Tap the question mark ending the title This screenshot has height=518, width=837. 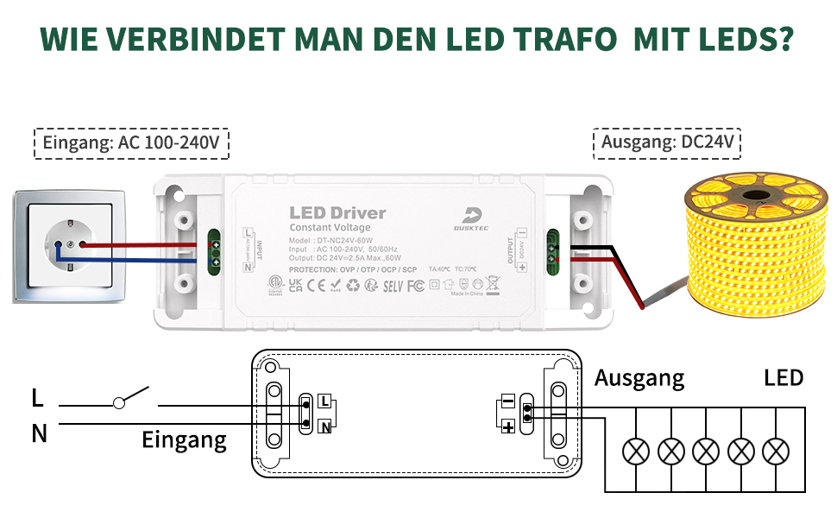[784, 40]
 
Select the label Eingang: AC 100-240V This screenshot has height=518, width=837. [131, 143]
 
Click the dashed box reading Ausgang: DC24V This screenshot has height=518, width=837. [669, 143]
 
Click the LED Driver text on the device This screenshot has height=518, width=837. [337, 212]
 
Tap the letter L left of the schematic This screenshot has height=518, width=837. [37, 399]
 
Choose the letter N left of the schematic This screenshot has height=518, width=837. [39, 433]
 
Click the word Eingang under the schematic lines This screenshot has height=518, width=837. [184, 441]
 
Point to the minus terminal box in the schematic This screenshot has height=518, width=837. [507, 402]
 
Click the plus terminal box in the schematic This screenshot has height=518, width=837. [507, 426]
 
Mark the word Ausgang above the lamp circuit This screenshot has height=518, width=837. [639, 378]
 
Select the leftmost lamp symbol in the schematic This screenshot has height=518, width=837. [637, 450]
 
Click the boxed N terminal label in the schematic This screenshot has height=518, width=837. [324, 426]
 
